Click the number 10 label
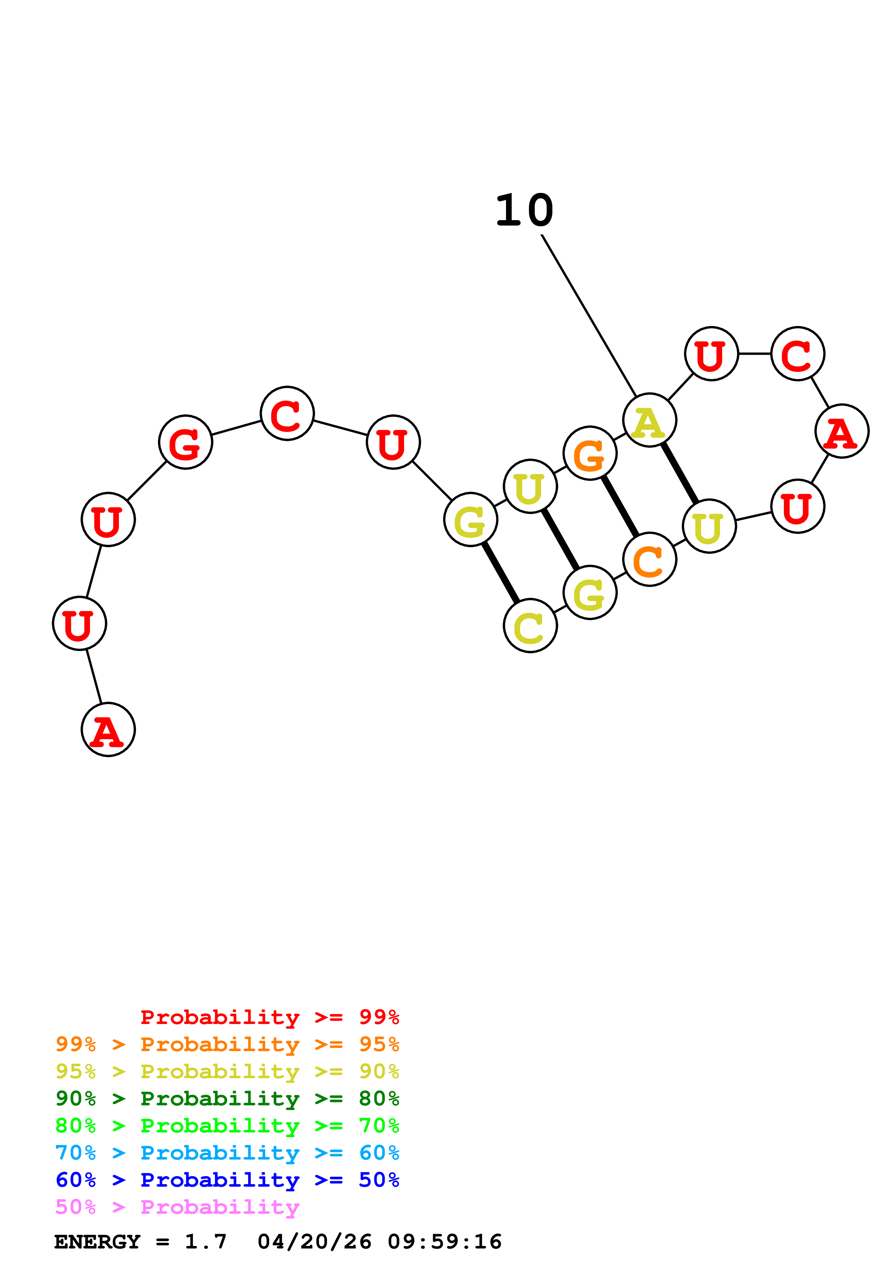point(524,211)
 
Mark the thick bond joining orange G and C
point(620,506)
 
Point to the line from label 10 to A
point(589,315)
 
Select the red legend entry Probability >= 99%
point(269,1017)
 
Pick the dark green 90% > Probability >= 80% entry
point(227,1098)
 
